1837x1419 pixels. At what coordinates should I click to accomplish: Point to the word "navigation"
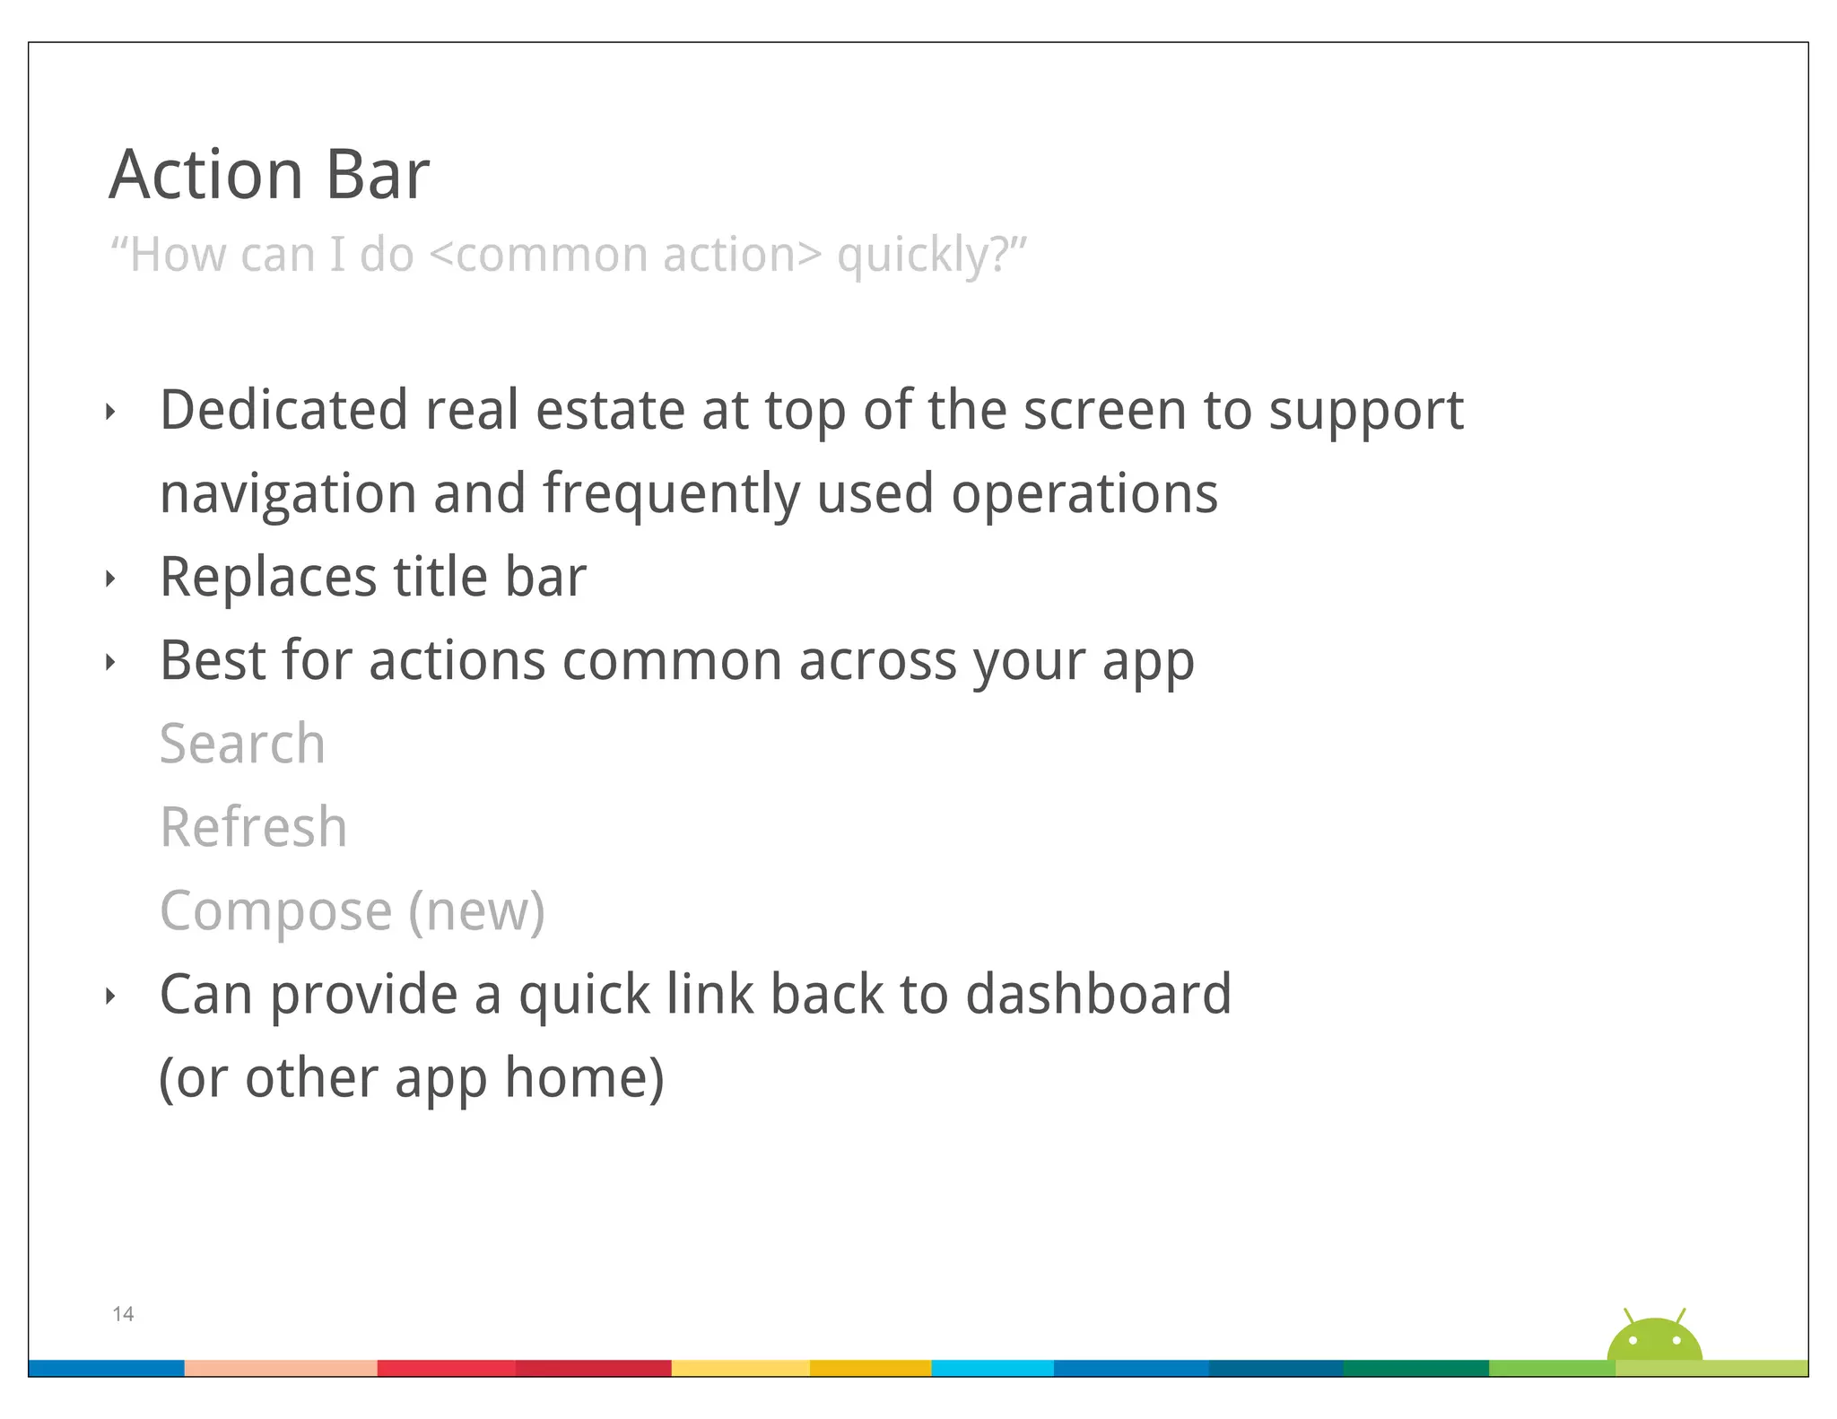(x=287, y=494)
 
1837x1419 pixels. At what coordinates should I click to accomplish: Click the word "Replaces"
(x=268, y=577)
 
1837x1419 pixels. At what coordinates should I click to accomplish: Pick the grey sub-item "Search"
(x=242, y=744)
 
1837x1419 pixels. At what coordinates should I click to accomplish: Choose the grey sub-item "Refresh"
(x=253, y=827)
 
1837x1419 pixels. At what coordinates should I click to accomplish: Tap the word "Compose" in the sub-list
(x=275, y=911)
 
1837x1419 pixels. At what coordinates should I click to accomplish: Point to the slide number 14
(x=123, y=1314)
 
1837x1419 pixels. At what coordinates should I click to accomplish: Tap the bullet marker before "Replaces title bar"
(x=110, y=579)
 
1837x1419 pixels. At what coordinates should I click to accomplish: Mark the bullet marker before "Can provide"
(x=110, y=996)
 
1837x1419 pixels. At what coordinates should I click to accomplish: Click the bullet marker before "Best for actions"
(x=110, y=663)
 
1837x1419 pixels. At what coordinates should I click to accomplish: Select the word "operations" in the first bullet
(x=1084, y=494)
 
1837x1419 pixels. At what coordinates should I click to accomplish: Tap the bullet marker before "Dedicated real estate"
(x=110, y=413)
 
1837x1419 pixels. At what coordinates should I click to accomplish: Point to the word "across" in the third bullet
(x=877, y=661)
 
